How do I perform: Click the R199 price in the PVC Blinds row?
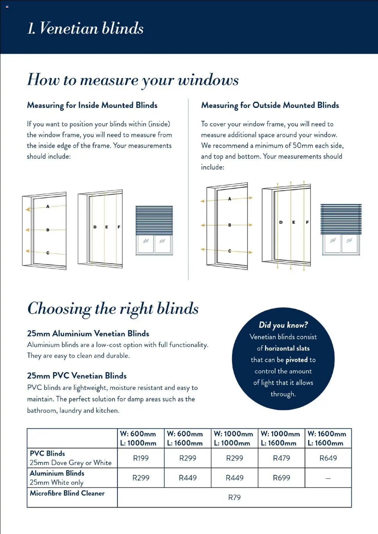[x=141, y=458]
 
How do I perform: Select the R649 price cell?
[x=328, y=458]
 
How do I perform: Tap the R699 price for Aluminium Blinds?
[x=281, y=478]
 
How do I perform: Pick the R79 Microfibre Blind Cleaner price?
[x=234, y=497]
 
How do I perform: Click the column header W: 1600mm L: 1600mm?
[x=327, y=438]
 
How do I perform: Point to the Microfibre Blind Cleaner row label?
[x=67, y=493]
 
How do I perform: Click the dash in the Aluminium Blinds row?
[x=328, y=478]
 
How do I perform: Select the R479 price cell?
[x=281, y=458]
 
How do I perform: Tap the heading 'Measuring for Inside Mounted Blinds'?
[x=92, y=105]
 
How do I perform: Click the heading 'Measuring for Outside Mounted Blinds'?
[x=270, y=105]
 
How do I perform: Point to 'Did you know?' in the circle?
[x=283, y=325]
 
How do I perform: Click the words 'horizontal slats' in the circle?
[x=287, y=348]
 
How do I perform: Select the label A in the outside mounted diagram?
[x=229, y=199]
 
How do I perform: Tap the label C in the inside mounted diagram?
[x=48, y=253]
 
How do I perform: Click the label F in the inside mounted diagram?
[x=119, y=227]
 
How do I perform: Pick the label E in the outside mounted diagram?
[x=294, y=222]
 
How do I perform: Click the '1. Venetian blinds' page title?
[x=85, y=28]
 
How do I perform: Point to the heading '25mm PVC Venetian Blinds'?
[x=77, y=376]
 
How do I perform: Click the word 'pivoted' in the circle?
[x=296, y=360]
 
